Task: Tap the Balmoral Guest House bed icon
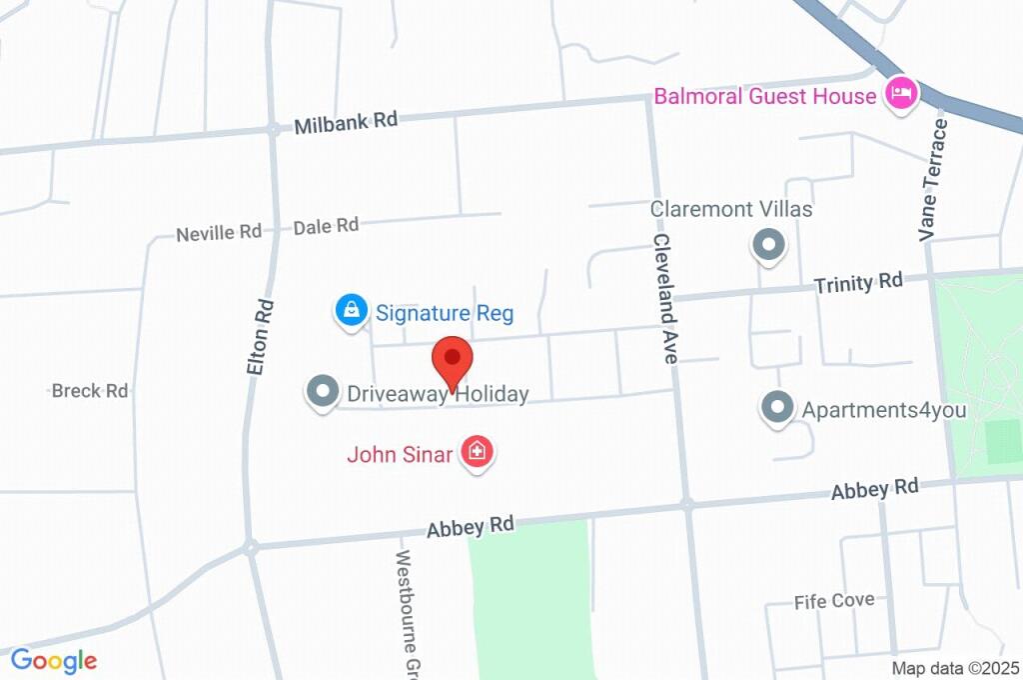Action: click(x=902, y=95)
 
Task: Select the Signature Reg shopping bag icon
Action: click(x=352, y=311)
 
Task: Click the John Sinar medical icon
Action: click(x=478, y=452)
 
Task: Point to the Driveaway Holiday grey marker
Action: click(x=322, y=392)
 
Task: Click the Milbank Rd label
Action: click(x=346, y=122)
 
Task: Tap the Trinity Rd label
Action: click(x=857, y=283)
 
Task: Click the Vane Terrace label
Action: click(x=933, y=180)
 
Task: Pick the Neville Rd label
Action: click(x=218, y=233)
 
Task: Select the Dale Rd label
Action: click(x=326, y=227)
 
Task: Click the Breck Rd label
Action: click(x=90, y=391)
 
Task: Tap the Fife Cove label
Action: click(x=834, y=601)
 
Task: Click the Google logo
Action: click(x=53, y=661)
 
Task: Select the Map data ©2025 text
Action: click(x=955, y=668)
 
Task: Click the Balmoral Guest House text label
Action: click(x=764, y=97)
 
